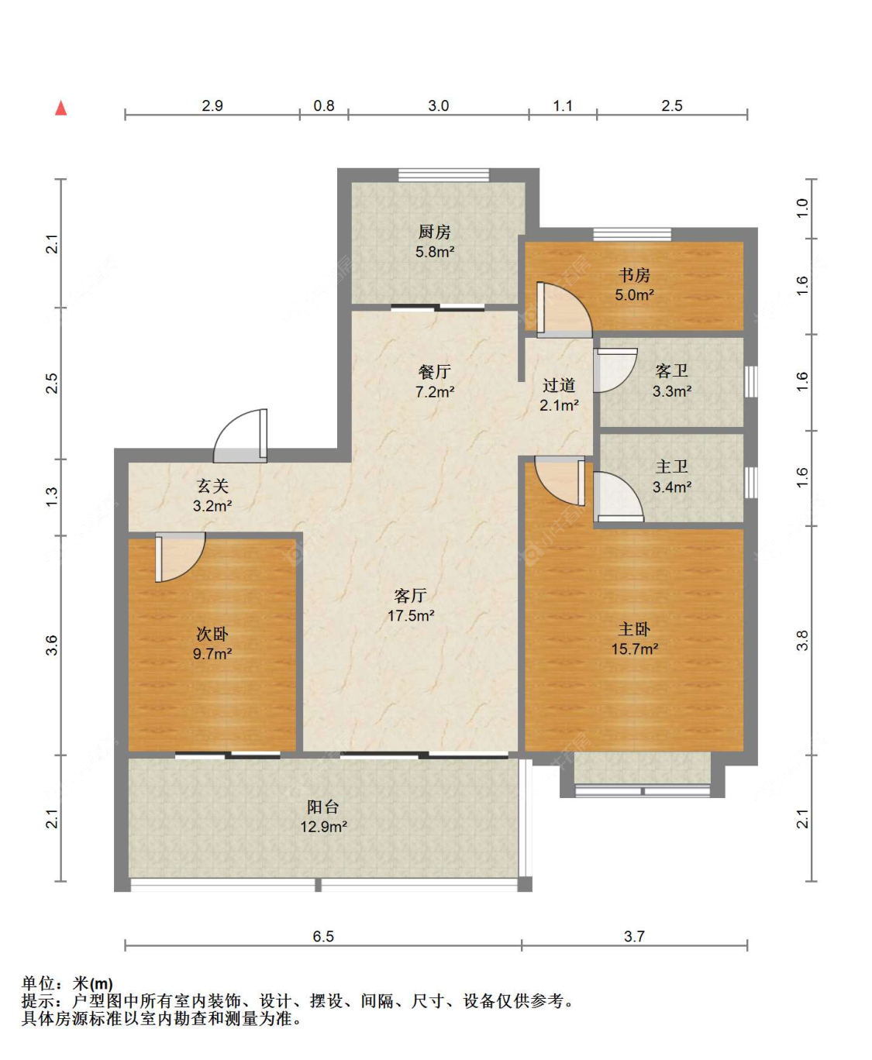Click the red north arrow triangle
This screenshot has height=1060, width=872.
tap(61, 108)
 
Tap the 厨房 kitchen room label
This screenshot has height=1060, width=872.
tap(435, 232)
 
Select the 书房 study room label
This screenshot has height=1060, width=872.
tap(634, 275)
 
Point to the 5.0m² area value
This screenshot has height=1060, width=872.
tap(634, 294)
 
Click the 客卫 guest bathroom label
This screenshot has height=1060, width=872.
tap(671, 371)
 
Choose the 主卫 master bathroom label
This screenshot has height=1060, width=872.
tap(671, 467)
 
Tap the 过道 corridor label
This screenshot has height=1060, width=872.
tap(559, 386)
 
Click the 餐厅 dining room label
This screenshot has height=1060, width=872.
tap(435, 372)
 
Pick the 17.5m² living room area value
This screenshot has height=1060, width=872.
tap(411, 615)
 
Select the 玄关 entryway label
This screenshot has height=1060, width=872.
tap(212, 486)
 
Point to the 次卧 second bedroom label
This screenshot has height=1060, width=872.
tap(212, 634)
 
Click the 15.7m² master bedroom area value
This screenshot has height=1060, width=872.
tap(635, 649)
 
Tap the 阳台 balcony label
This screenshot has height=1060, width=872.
tap(323, 807)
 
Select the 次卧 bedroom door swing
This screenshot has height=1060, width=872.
tap(180, 557)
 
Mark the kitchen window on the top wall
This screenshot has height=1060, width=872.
tap(443, 175)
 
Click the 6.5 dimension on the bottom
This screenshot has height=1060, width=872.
tap(323, 936)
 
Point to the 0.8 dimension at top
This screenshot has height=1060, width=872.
tap(324, 105)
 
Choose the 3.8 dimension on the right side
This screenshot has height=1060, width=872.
tap(802, 640)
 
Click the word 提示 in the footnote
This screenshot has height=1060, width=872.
tap(38, 1000)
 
